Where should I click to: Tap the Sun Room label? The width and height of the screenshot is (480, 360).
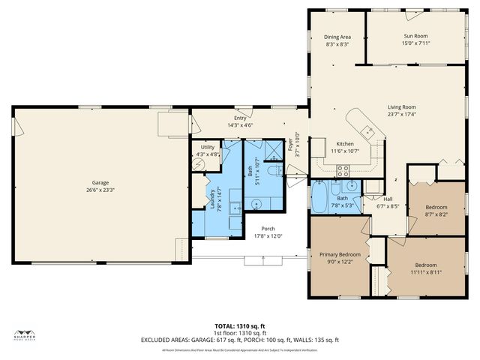pos(415,36)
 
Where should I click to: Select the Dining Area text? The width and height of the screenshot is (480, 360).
pos(337,37)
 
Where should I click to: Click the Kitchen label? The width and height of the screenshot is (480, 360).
pos(345,143)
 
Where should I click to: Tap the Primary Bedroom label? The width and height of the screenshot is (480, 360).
pos(340,255)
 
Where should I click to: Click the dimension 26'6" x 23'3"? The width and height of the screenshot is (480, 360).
pos(100,190)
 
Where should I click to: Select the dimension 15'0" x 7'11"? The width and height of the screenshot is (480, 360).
pos(415,43)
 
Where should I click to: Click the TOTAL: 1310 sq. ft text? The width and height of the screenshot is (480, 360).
pos(239,325)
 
